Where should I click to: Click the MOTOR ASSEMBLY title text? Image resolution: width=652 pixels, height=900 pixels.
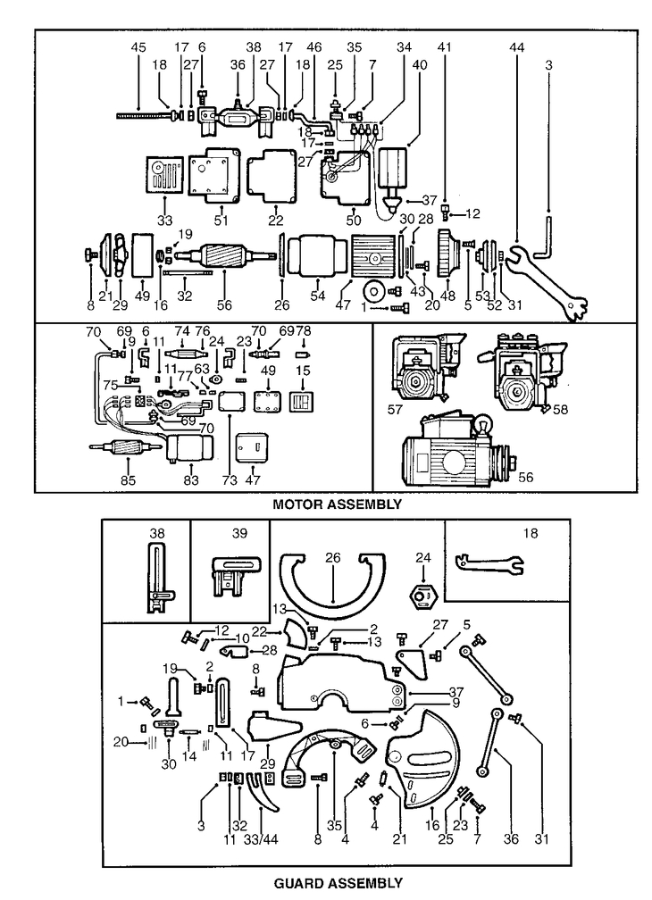337,504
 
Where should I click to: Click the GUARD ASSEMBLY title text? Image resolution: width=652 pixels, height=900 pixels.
338,882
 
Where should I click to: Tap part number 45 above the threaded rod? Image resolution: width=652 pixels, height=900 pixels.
138,47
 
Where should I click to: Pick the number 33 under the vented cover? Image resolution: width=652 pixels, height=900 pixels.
164,220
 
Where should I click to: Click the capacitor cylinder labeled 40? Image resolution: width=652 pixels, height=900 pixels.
392,171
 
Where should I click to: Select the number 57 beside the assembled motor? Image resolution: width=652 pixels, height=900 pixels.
395,410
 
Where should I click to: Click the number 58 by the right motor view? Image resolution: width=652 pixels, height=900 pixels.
560,409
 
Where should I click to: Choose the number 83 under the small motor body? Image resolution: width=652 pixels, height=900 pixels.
191,479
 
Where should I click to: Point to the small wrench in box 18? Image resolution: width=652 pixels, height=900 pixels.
489,563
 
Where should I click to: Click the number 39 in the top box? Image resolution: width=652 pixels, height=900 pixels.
239,533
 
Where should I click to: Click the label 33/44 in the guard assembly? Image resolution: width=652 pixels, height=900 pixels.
261,839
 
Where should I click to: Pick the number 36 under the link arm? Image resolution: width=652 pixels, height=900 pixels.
510,839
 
